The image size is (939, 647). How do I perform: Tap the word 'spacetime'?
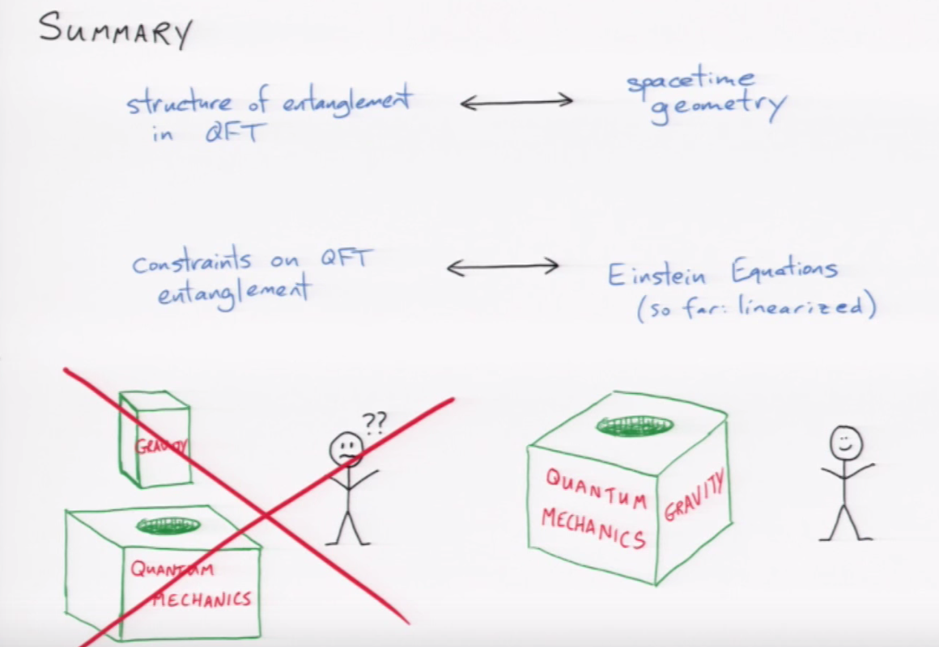point(690,82)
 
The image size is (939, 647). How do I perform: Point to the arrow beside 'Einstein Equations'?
point(503,267)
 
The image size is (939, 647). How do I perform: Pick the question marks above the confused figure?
point(374,422)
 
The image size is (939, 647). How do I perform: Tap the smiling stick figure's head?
point(846,443)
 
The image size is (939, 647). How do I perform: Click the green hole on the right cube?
point(635,425)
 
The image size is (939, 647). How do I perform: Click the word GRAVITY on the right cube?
point(695,495)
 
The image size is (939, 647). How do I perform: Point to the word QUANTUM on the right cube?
point(596,489)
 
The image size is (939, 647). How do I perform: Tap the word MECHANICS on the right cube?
point(593,528)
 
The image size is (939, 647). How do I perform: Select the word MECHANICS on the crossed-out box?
point(202,599)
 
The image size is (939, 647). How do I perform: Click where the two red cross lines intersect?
point(265,515)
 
